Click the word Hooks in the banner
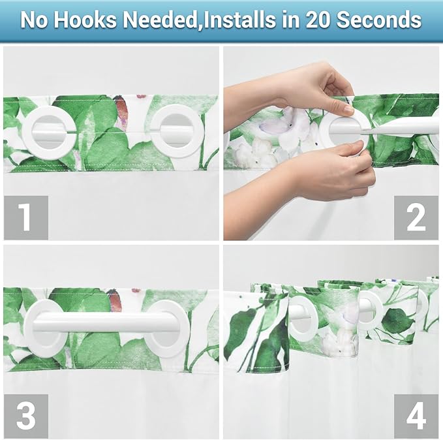click(83, 20)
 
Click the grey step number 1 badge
click(25, 218)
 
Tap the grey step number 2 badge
click(416, 218)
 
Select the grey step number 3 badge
click(25, 416)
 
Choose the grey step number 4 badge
click(416, 416)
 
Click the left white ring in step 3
click(46, 328)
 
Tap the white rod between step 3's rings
click(104, 321)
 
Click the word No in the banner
click(35, 20)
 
